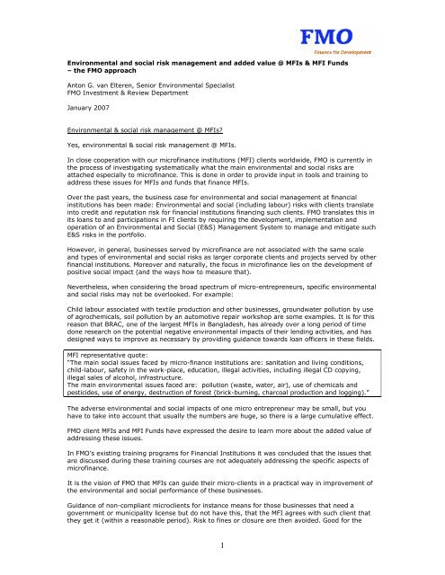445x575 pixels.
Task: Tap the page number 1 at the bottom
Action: pyautogui.click(x=222, y=544)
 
